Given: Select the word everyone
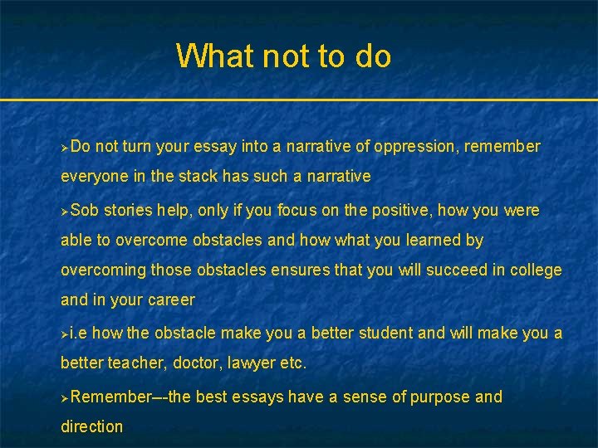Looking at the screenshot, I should click(x=92, y=177).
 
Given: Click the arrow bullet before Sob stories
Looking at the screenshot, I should click(x=65, y=211).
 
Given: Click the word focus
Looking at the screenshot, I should click(x=287, y=210).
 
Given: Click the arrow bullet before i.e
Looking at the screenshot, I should click(x=65, y=334).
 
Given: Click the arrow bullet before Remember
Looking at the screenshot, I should click(x=65, y=397).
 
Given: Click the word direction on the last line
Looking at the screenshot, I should click(x=91, y=426).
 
